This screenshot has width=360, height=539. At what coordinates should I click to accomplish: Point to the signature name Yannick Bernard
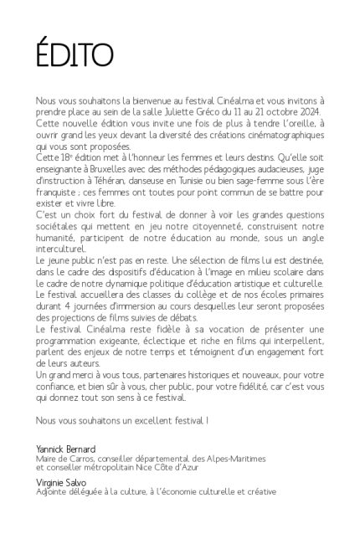(x=66, y=449)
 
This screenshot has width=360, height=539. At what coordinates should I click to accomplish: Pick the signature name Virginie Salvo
(x=59, y=483)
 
